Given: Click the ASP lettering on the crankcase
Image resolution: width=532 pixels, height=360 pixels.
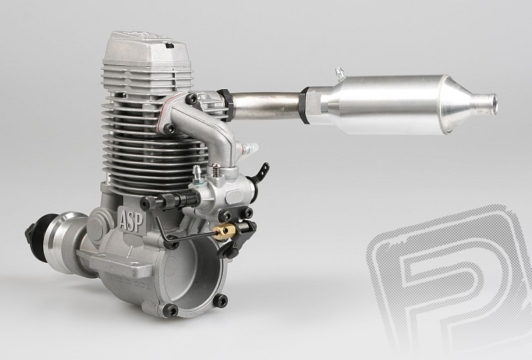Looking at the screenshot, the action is coord(132,221).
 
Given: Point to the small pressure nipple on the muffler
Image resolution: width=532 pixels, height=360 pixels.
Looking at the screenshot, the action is coord(339,74).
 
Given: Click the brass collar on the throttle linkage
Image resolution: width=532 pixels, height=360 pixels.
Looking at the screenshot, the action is coord(224,233).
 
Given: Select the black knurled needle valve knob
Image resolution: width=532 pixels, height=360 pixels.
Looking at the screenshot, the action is coord(169,201).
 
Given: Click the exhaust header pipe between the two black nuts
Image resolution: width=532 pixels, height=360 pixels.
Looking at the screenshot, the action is coord(267,104).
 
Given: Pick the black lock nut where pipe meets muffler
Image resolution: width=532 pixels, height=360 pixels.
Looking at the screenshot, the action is coord(305,105).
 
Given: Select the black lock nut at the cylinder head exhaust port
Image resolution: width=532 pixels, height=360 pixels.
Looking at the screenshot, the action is coord(227,105).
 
